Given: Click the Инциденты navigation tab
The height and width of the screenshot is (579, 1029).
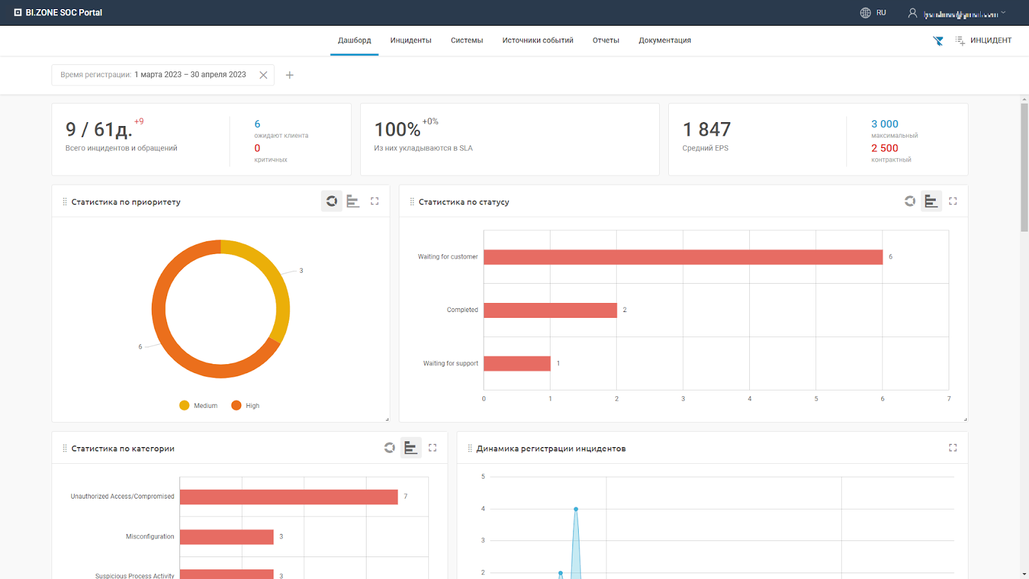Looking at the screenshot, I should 410,41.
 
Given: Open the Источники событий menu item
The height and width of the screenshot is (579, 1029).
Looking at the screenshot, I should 538,41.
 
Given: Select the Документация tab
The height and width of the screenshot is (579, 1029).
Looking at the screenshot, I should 664,41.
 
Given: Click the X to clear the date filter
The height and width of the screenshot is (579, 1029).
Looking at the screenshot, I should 263,75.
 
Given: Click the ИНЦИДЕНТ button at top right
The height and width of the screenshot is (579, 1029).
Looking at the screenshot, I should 983,41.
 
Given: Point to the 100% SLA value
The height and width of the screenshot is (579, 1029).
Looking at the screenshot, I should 397,130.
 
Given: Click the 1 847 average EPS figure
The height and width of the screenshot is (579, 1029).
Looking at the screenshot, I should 706,130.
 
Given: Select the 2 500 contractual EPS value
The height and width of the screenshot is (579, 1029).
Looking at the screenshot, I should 884,149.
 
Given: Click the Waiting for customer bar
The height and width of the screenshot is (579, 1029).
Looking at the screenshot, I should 683,257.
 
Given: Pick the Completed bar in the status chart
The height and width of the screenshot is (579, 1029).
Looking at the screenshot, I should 550,310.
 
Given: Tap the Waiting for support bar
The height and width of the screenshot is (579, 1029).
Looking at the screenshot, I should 517,363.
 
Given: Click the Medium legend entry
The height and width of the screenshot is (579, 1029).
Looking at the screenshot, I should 199,406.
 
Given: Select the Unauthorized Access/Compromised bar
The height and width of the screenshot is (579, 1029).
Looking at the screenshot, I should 289,497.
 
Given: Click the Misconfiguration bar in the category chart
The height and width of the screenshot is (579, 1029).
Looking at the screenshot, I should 226,537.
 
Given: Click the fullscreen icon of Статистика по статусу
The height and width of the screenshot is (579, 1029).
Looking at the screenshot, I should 952,201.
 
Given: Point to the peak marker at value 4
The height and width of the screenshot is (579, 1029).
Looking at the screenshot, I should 576,509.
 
